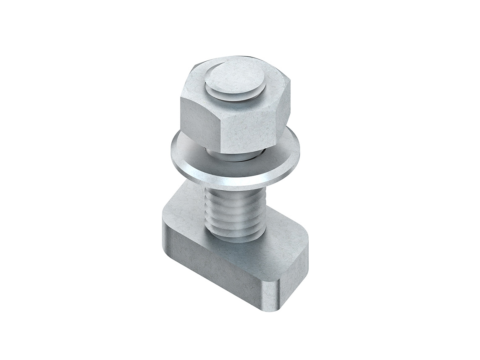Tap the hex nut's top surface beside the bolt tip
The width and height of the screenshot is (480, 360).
click(197, 84)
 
